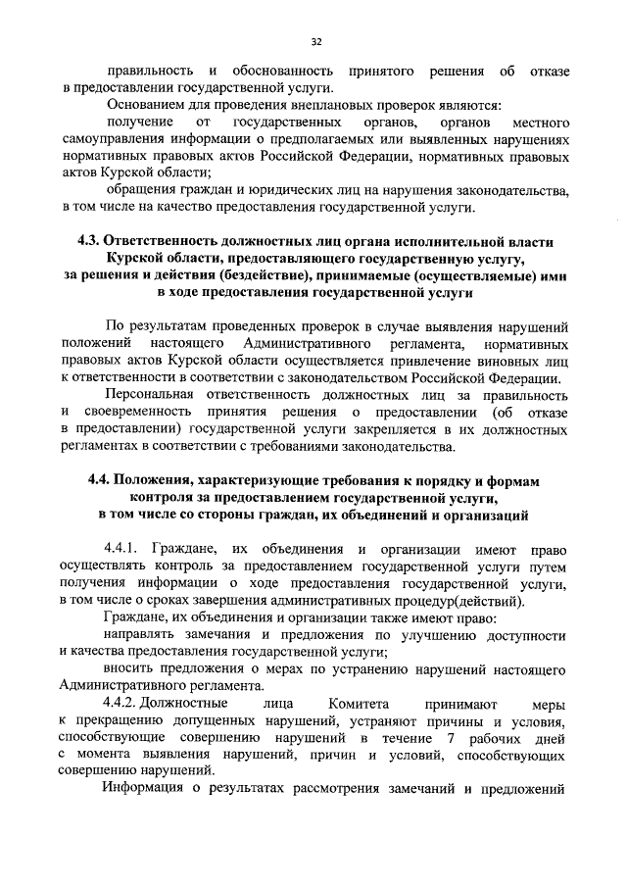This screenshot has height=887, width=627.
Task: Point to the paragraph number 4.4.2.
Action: click(124, 703)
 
